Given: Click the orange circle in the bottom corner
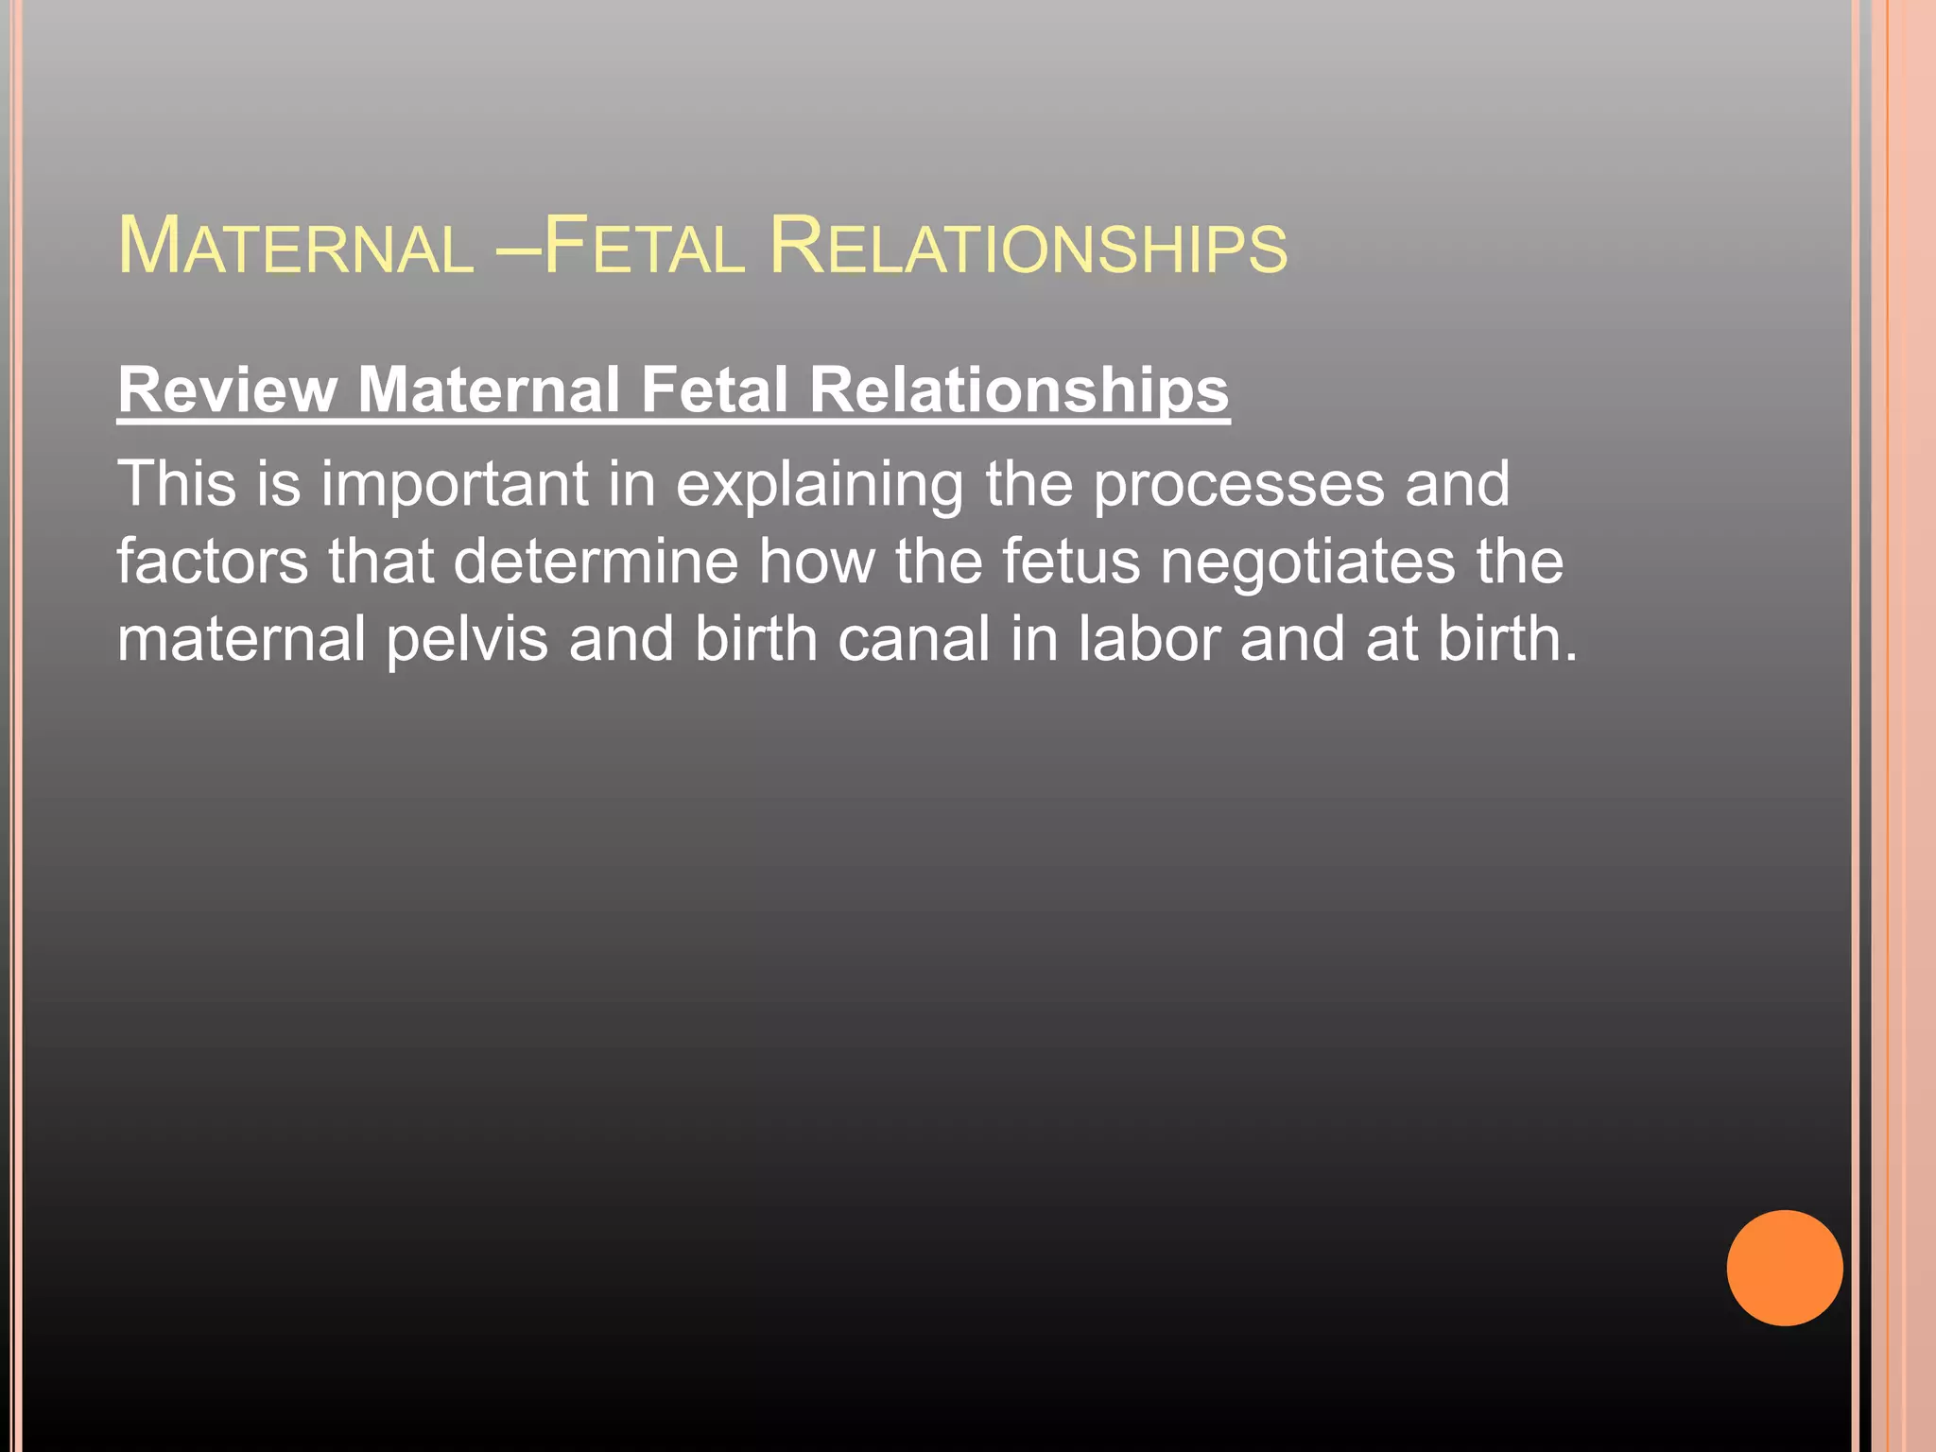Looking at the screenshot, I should tap(1784, 1268).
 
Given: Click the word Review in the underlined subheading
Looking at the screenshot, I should tap(227, 389).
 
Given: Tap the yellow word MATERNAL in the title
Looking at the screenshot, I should tap(295, 247).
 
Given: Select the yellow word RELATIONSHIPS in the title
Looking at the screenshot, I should tap(1028, 247).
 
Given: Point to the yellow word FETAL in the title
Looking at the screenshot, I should tap(644, 247).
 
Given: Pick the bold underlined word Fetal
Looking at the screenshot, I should tap(714, 389).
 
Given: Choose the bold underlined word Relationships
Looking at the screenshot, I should tap(1019, 389).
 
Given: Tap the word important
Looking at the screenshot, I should tap(454, 484).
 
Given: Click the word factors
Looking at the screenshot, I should tap(212, 562).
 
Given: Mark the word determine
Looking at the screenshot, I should tap(595, 562).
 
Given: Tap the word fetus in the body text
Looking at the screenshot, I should tap(1071, 562).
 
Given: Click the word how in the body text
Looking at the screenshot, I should tap(817, 562).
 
